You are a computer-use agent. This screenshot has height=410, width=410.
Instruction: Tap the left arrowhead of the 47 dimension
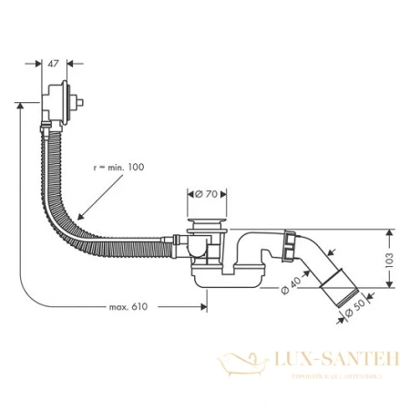click(x=37, y=65)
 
